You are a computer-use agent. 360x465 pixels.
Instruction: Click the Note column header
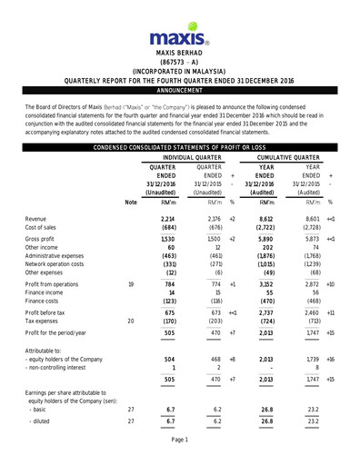(x=131, y=203)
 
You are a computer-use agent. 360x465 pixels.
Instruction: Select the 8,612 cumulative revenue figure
(x=263, y=220)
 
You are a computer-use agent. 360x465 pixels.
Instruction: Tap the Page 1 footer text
(x=179, y=440)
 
